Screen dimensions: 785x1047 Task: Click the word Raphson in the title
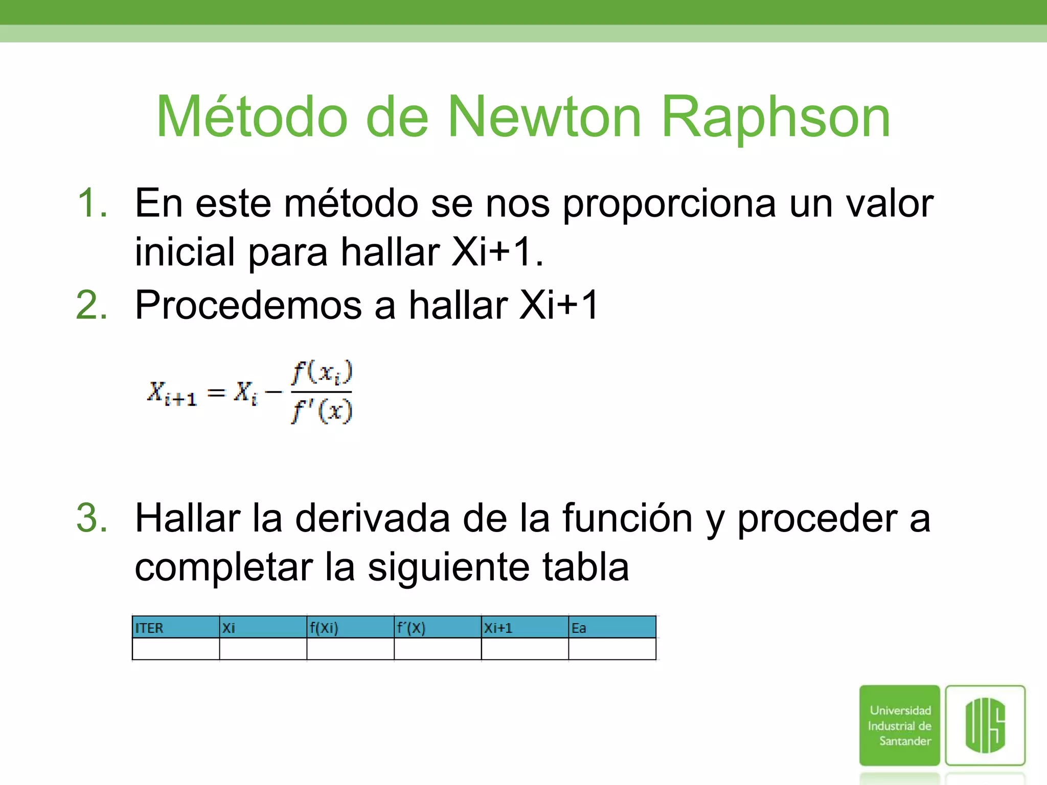pos(776,119)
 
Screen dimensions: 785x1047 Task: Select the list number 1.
pos(92,203)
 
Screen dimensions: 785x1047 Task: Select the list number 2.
pos(92,305)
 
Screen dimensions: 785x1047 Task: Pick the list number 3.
pos(92,518)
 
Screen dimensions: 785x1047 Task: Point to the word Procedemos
pos(248,305)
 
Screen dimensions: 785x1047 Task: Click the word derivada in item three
pos(373,518)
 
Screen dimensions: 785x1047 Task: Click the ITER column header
pos(149,628)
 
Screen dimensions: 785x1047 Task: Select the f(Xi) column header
pos(324,628)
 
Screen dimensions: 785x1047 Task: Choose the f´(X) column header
pos(411,628)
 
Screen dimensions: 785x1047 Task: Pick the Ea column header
pos(579,628)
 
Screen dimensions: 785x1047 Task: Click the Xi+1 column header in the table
pos(498,628)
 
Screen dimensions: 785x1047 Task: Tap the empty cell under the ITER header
pos(176,649)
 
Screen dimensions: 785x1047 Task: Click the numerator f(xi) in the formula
pos(322,373)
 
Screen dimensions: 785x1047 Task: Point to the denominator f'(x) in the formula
pos(322,411)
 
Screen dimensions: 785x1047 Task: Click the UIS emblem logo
pos(985,725)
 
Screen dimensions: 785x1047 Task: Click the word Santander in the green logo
pos(905,741)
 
